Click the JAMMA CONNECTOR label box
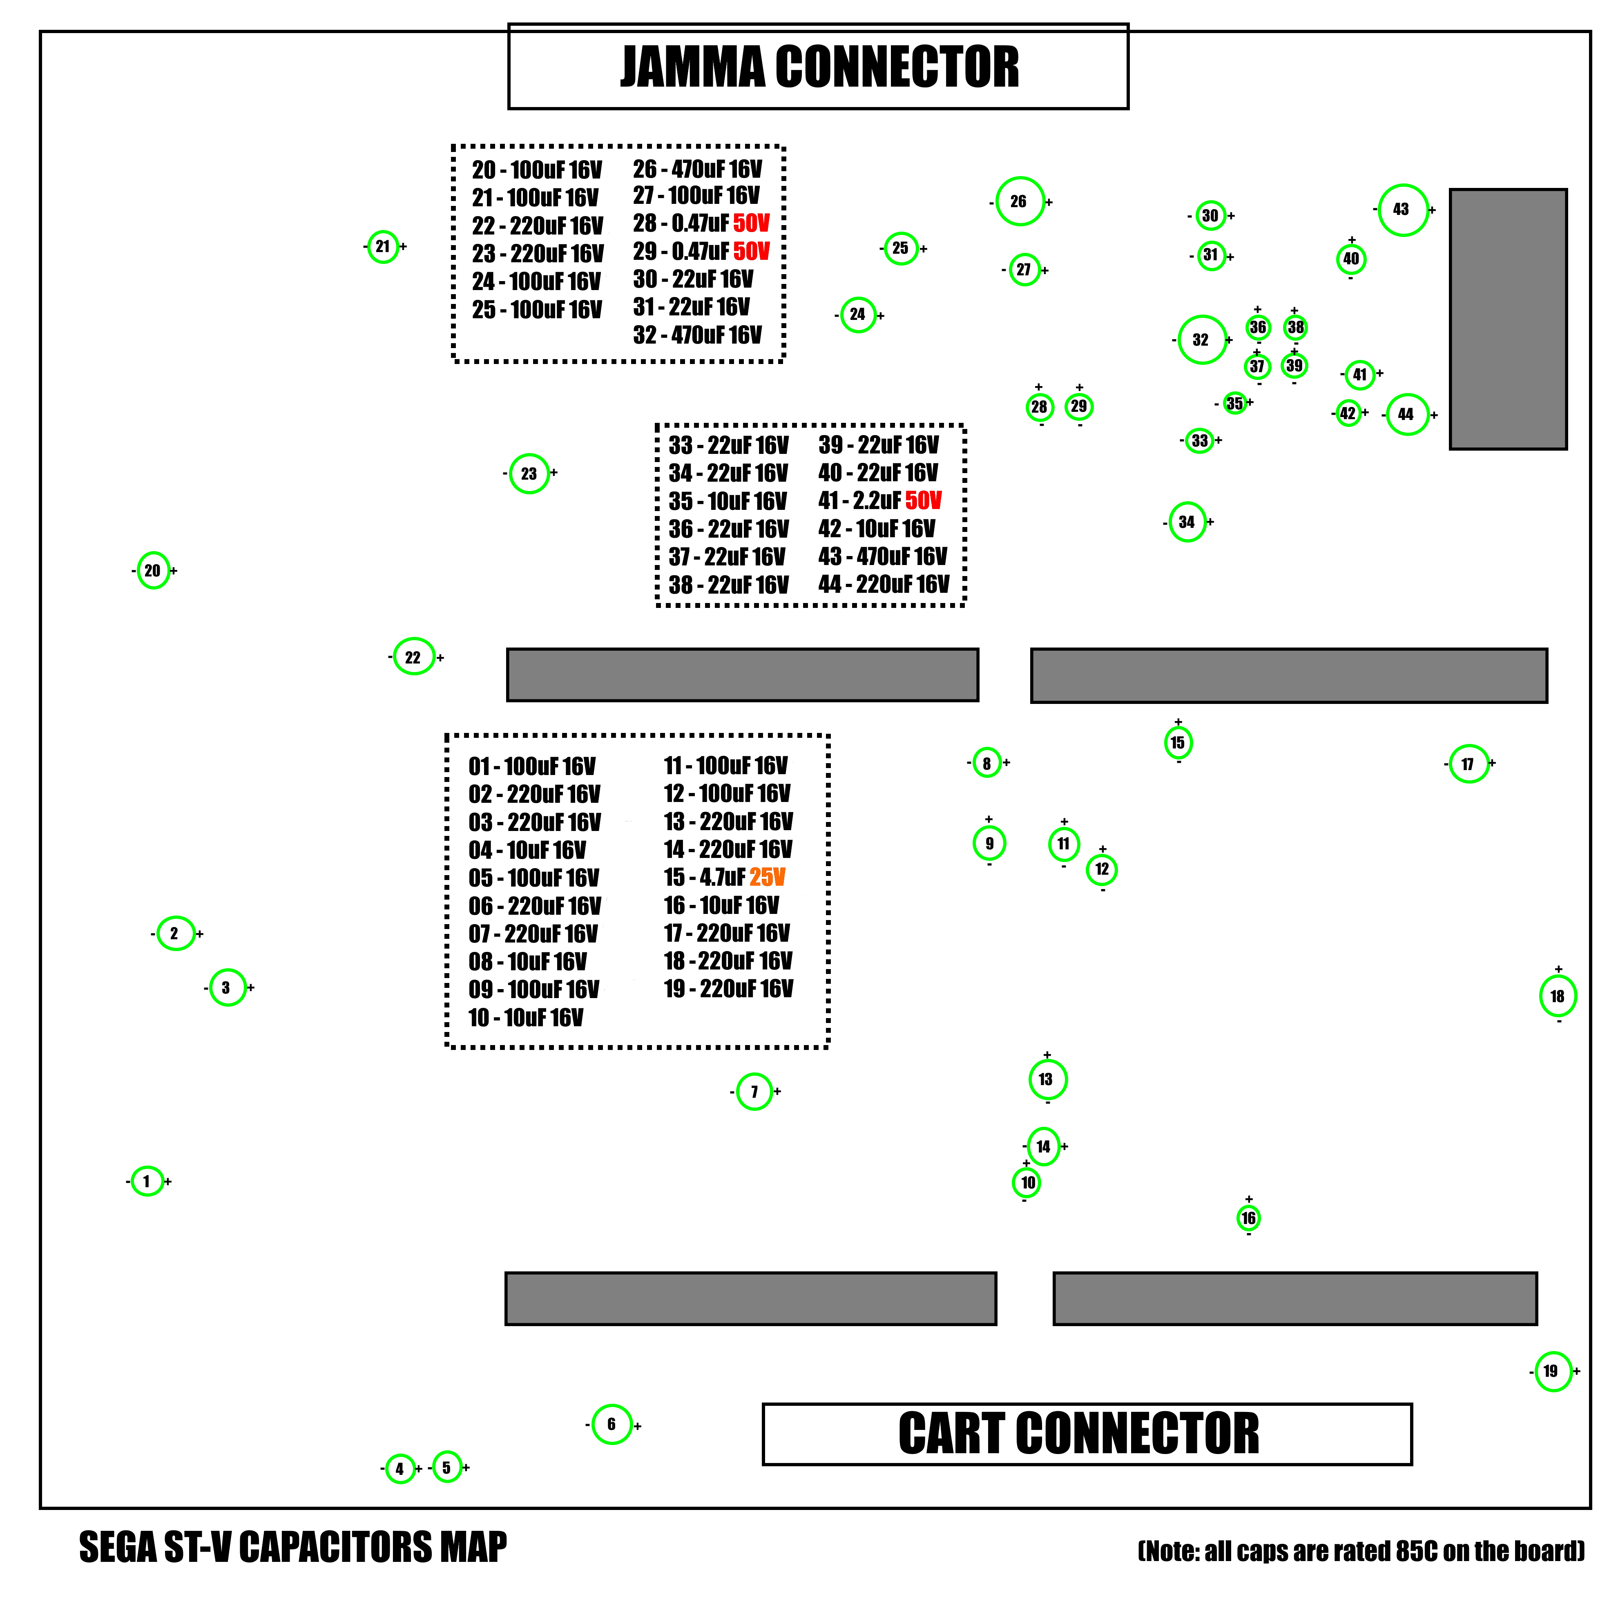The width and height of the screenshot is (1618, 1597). coord(818,66)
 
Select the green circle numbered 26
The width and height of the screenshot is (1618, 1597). coord(1020,201)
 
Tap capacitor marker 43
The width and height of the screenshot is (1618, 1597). coord(1403,209)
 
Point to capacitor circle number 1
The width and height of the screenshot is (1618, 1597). coord(147,1181)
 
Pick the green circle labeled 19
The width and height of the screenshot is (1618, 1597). coord(1553,1371)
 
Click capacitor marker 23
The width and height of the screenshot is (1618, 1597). coord(529,473)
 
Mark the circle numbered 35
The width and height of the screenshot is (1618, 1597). coord(1234,403)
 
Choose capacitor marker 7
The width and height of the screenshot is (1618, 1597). coord(754,1091)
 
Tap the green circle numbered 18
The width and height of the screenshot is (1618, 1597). coord(1558,996)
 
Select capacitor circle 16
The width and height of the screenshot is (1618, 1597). coord(1249,1217)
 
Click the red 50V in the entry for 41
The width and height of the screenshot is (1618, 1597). coord(924,501)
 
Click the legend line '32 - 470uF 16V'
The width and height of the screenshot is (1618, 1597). coord(698,335)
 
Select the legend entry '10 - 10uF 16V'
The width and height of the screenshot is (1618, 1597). coord(526,1018)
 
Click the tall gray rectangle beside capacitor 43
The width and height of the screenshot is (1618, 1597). coord(1508,319)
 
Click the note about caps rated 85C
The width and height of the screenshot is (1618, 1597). coord(1361,1551)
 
